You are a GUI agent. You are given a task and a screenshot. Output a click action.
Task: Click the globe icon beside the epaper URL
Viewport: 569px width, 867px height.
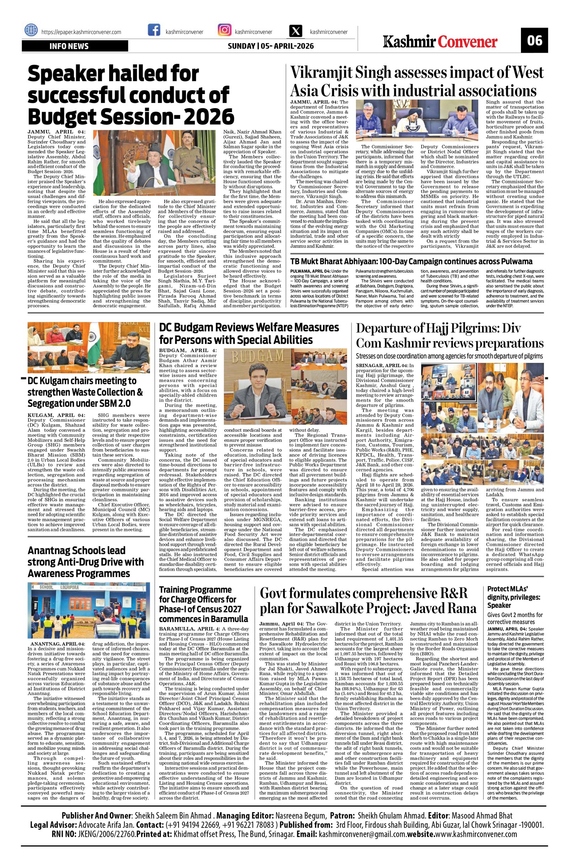point(31,31)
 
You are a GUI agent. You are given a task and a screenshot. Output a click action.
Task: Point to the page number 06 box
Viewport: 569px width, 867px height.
point(534,40)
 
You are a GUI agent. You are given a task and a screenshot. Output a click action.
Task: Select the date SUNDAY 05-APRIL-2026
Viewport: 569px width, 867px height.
point(271,46)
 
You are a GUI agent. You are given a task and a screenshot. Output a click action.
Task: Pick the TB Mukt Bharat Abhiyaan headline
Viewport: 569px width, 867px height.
point(411,261)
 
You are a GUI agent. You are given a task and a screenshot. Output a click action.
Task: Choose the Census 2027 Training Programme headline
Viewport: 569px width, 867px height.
point(204,604)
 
